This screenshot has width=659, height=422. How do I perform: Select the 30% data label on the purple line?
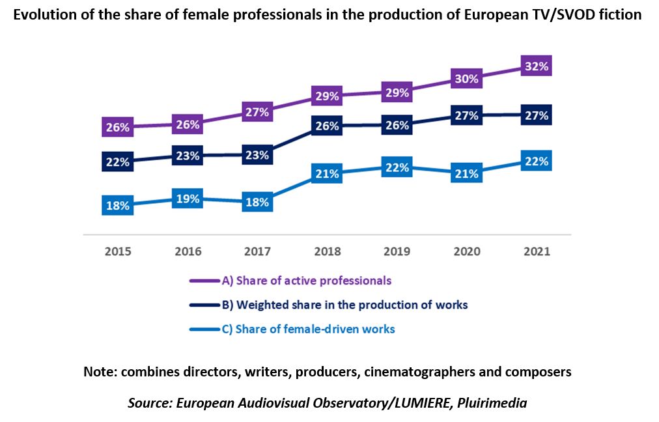tap(466, 79)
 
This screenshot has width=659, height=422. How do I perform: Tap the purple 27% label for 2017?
tap(257, 111)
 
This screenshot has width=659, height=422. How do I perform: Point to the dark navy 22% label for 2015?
tap(118, 162)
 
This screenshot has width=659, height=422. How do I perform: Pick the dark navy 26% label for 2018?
tap(327, 126)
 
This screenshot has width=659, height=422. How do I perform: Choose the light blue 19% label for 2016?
tap(188, 199)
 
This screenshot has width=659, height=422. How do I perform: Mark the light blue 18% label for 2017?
tap(257, 202)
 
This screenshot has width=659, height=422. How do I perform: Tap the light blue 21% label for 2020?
tap(466, 174)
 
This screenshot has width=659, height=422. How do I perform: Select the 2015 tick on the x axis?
tap(118, 251)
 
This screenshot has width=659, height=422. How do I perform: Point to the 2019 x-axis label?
tap(397, 251)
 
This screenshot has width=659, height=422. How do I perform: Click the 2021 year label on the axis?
tap(536, 251)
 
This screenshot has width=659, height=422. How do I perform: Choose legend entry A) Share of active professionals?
tap(306, 281)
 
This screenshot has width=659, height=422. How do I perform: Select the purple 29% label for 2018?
tap(327, 96)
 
